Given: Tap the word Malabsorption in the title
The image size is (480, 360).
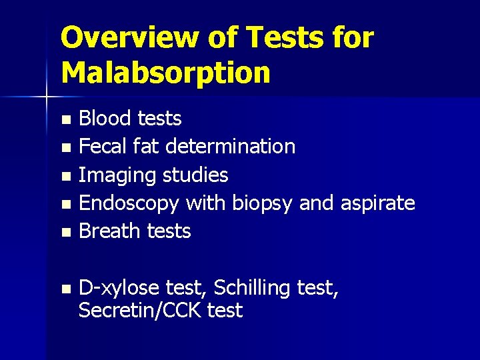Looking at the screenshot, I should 165,73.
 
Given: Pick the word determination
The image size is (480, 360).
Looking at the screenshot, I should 231,147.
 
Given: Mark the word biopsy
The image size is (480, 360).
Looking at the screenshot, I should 262,203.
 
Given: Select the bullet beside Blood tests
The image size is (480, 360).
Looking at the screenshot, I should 65,120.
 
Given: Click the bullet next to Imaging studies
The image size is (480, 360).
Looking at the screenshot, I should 65,176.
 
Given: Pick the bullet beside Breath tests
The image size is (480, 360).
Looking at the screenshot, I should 65,233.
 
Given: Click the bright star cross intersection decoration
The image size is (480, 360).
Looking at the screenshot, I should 46,97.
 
